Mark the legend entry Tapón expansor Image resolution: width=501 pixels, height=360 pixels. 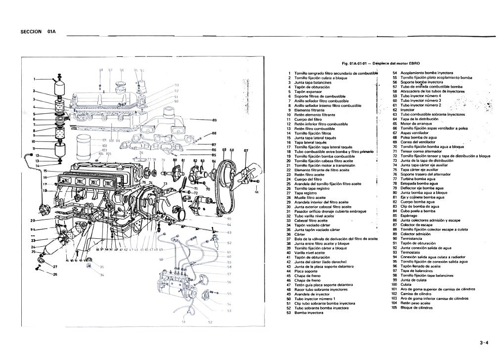pos(307,92)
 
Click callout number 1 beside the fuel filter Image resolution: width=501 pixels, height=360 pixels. pos(35,79)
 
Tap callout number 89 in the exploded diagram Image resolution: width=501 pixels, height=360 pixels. pos(214,120)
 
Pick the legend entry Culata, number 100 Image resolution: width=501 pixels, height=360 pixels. pos(402,284)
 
